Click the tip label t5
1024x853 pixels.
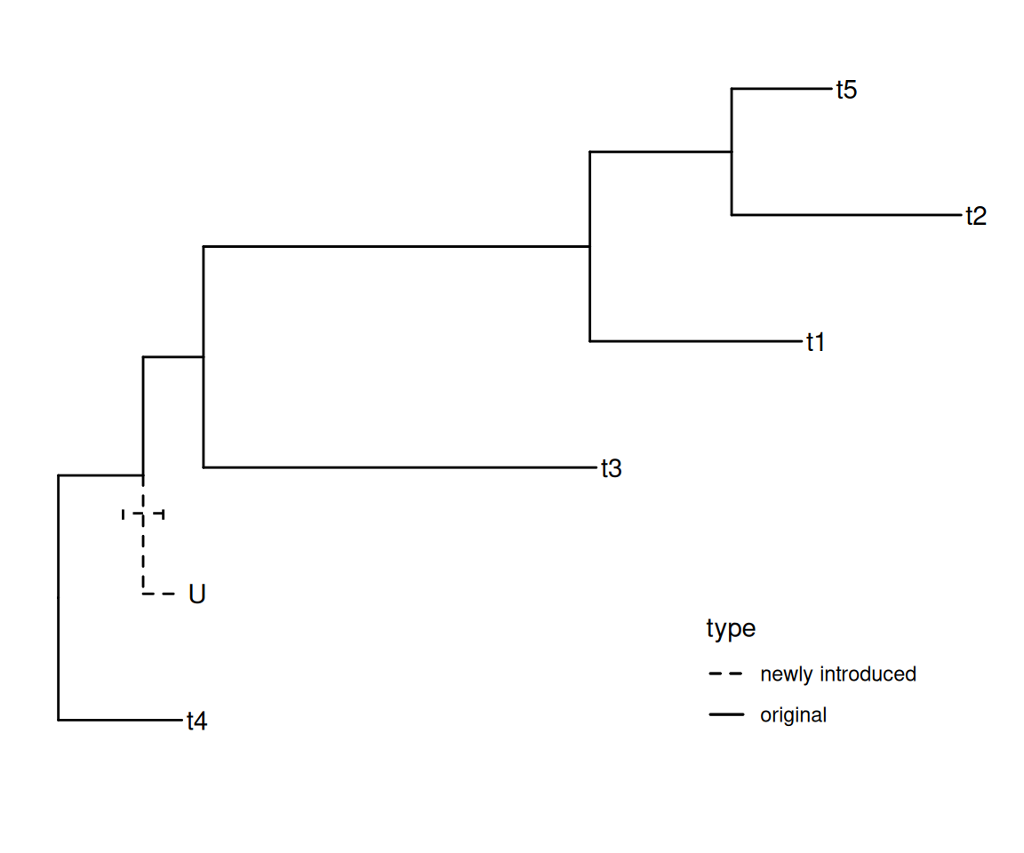coord(846,90)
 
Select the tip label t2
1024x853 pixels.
coord(976,216)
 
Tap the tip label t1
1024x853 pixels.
coord(816,342)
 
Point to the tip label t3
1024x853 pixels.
coord(611,468)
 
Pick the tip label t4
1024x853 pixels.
coord(196,721)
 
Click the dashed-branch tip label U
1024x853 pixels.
coord(197,594)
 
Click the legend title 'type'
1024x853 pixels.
coord(731,629)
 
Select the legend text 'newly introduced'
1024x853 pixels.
coord(837,674)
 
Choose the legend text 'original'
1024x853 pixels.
coord(793,715)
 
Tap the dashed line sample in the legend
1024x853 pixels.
coord(726,674)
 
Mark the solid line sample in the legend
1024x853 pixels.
coord(726,715)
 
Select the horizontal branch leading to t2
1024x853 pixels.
coord(844,215)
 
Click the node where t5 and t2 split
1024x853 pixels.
coord(732,152)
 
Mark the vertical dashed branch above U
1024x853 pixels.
coord(143,555)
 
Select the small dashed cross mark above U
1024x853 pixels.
coord(143,514)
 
